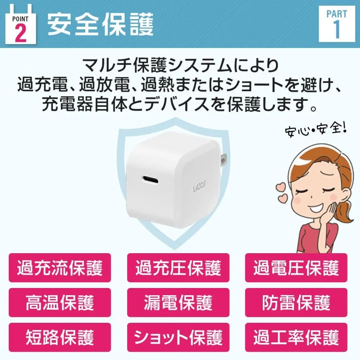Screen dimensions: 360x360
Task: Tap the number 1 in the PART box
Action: pyautogui.click(x=336, y=30)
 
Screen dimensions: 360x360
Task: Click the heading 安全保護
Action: pyautogui.click(x=100, y=24)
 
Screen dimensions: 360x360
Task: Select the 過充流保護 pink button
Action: pyautogui.click(x=60, y=268)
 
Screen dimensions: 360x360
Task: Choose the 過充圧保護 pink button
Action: pyautogui.click(x=178, y=268)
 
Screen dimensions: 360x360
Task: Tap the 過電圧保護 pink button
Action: pyautogui.click(x=296, y=268)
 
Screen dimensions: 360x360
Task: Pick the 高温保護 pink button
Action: pyautogui.click(x=60, y=303)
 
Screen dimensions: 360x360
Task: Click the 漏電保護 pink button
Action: pyautogui.click(x=178, y=303)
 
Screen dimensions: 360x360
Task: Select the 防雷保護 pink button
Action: pyautogui.click(x=296, y=303)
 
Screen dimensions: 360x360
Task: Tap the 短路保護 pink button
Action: pyautogui.click(x=60, y=337)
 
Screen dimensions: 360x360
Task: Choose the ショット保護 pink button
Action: pyautogui.click(x=178, y=337)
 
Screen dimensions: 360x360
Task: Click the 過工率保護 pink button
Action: pyautogui.click(x=296, y=337)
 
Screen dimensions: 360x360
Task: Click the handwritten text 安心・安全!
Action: pyautogui.click(x=316, y=130)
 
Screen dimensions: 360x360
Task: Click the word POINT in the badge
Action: pyautogui.click(x=20, y=19)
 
